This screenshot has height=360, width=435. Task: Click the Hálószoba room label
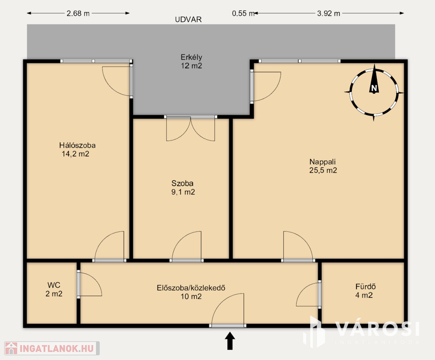[x=77, y=145]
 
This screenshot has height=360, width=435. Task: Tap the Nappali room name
[x=323, y=162]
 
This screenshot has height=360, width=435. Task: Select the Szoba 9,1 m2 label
[x=183, y=187]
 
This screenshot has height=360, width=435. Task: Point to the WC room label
[x=54, y=285]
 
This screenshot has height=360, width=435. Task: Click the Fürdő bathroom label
[x=366, y=286]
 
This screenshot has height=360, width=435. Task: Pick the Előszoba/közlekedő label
[x=191, y=288]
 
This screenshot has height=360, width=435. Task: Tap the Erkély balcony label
[x=192, y=57]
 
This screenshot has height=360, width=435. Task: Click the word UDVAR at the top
[x=188, y=19]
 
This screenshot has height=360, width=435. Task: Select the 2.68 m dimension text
[x=78, y=13]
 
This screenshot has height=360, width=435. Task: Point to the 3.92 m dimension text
[x=328, y=13]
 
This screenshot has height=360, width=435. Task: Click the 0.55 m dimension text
[x=243, y=13]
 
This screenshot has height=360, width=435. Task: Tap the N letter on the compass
[x=374, y=88]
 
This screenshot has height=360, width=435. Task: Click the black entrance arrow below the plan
[x=230, y=341]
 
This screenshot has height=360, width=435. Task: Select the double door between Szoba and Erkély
[x=191, y=128]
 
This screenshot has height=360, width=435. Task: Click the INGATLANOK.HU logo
[x=52, y=348]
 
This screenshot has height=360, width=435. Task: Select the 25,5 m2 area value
[x=323, y=170]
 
